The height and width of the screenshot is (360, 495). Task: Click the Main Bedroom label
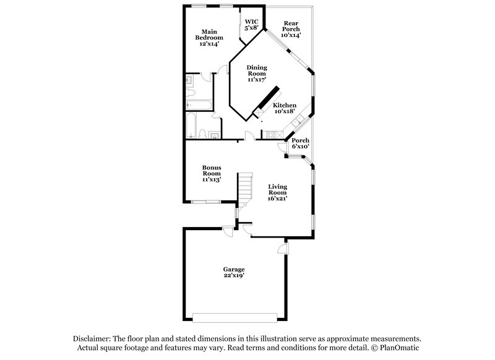click(209, 34)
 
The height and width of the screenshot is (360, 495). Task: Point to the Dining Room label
click(256, 70)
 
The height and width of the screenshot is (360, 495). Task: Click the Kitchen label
click(285, 105)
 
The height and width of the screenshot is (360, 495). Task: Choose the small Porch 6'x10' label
click(301, 140)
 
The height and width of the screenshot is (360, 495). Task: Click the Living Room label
click(277, 189)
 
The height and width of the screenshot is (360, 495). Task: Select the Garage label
click(234, 269)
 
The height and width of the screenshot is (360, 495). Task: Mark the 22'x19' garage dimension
click(234, 276)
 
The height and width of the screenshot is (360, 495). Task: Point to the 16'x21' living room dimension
click(277, 199)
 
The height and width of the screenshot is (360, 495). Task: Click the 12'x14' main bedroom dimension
click(209, 44)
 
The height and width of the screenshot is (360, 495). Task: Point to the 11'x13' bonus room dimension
click(212, 179)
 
